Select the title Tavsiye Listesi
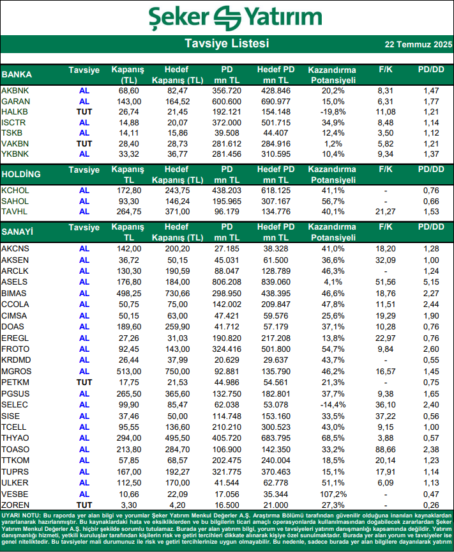point(227,43)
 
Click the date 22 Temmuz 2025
point(418,45)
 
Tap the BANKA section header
point(17,74)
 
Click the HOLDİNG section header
point(21,174)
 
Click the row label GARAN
point(16,102)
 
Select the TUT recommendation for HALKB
point(84,112)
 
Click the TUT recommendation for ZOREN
point(84,505)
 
